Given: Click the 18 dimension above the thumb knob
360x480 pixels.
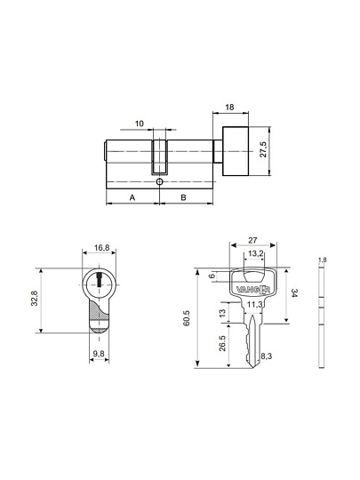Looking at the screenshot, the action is [x=229, y=108].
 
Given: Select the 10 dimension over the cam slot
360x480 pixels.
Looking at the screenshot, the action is [x=140, y=124].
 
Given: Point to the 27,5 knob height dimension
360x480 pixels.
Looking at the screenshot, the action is [x=263, y=149].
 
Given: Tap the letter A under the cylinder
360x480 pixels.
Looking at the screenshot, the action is [x=132, y=197].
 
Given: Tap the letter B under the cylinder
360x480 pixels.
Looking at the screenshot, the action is [x=183, y=197].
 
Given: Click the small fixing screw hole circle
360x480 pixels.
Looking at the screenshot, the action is [x=159, y=182].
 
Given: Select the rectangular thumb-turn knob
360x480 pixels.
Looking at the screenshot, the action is [x=236, y=151].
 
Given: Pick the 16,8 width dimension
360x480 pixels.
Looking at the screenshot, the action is [x=101, y=248].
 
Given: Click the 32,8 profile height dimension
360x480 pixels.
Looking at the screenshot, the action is [x=35, y=299].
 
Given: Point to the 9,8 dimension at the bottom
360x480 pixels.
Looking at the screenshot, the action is [x=99, y=354].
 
